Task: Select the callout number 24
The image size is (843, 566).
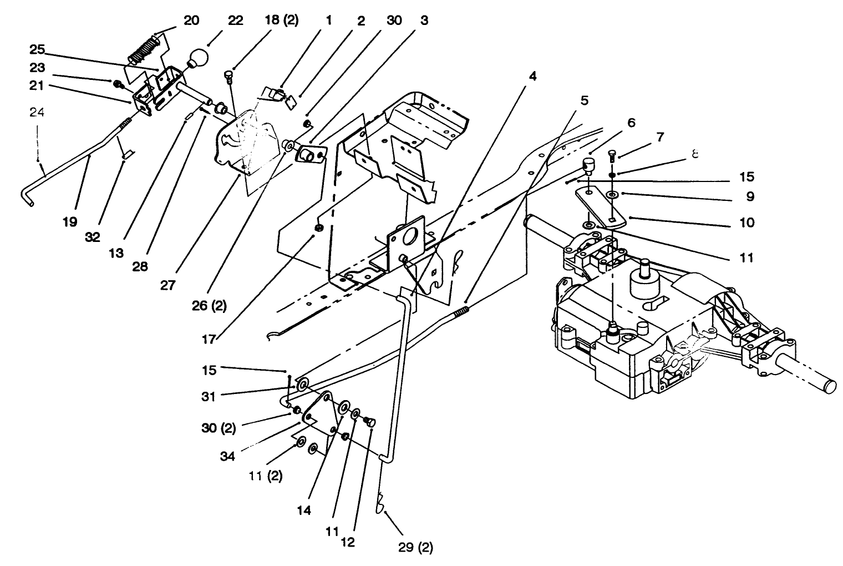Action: click(37, 112)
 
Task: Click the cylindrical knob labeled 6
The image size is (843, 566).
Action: click(588, 165)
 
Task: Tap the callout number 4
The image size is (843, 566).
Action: click(532, 76)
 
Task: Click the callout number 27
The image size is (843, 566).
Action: click(168, 285)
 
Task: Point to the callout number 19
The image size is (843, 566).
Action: click(69, 222)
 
